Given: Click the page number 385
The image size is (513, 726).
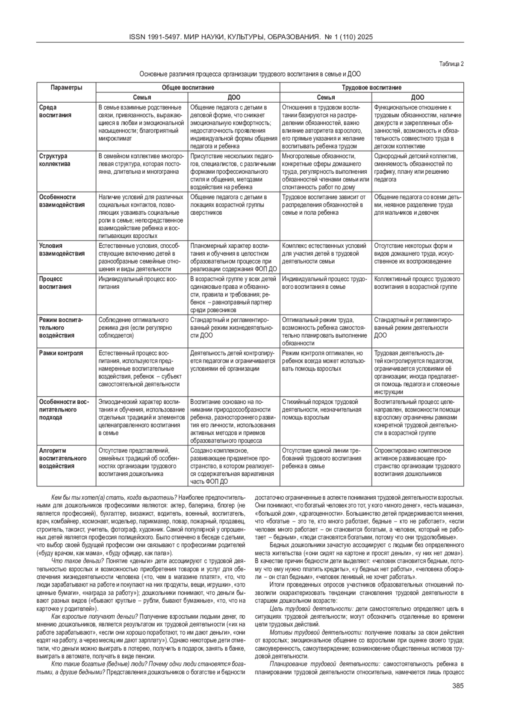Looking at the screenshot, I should coord(458,686).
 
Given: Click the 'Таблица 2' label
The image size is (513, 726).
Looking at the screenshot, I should coord(452,64).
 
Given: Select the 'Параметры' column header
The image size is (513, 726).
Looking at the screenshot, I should coord(66,88).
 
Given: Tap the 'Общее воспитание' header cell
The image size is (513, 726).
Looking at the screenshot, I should coord(188,88).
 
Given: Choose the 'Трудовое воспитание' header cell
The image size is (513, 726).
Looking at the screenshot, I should coord(371,88).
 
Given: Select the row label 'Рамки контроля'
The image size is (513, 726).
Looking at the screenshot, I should coord(61,353).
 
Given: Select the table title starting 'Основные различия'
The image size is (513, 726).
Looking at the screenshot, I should coord(250,74).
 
